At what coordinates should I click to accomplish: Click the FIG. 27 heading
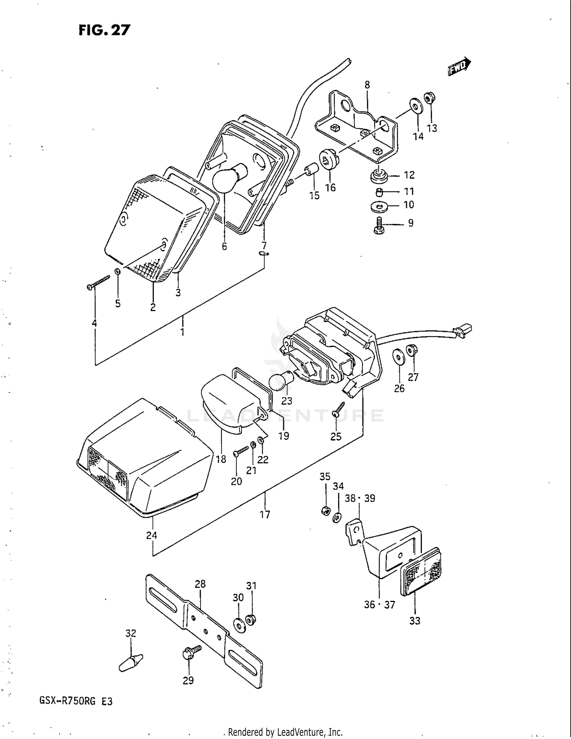(104, 30)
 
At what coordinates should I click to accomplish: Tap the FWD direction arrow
(459, 67)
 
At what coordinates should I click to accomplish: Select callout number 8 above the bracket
(367, 85)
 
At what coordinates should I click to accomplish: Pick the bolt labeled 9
(380, 226)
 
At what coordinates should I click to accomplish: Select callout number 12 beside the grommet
(409, 175)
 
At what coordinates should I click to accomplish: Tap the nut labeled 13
(429, 99)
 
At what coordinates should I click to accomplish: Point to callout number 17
(265, 514)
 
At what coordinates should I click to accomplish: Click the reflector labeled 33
(422, 573)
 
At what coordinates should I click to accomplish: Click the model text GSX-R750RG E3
(76, 701)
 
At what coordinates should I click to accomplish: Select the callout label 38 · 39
(360, 498)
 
